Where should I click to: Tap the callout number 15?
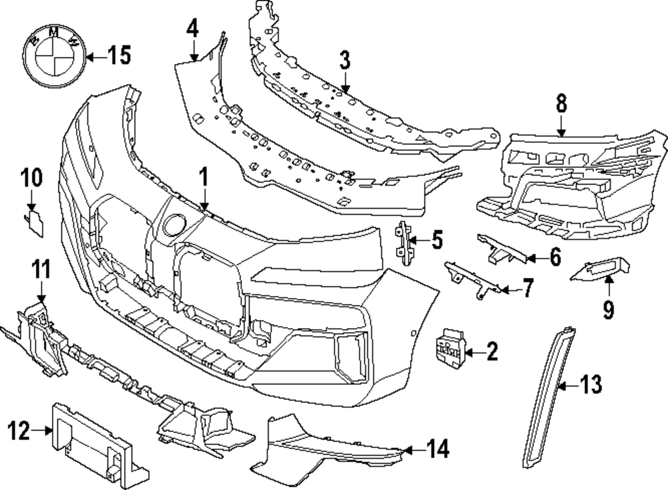pos(120,57)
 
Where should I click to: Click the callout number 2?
pos(492,352)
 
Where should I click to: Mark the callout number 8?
pos(560,104)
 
